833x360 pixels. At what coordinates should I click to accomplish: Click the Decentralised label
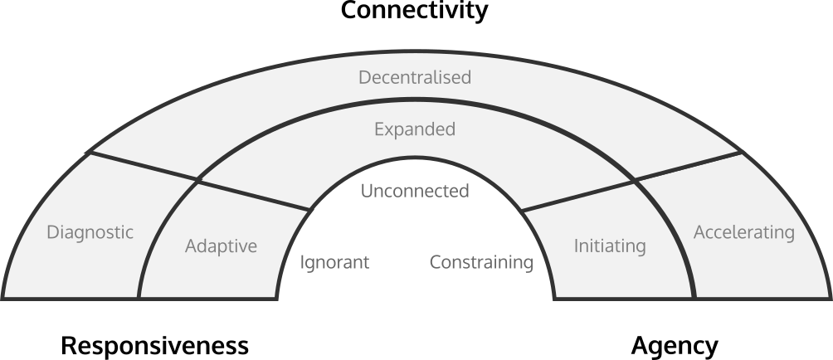pyautogui.click(x=415, y=77)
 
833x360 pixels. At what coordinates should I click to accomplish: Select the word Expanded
pyautogui.click(x=415, y=130)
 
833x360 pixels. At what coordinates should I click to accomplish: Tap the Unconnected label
pyautogui.click(x=415, y=192)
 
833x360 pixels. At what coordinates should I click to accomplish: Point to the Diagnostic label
pyautogui.click(x=90, y=232)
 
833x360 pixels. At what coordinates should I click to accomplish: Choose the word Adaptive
pyautogui.click(x=221, y=246)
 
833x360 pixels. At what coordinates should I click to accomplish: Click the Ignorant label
pyautogui.click(x=334, y=263)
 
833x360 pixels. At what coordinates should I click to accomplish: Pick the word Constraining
pyautogui.click(x=481, y=263)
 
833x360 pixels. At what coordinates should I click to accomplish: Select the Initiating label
pyautogui.click(x=610, y=246)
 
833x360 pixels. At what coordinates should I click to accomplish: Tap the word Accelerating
pyautogui.click(x=743, y=232)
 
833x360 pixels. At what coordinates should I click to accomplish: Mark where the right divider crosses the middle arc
pyautogui.click(x=633, y=180)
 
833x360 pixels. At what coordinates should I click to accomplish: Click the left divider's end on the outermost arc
pyautogui.click(x=90, y=153)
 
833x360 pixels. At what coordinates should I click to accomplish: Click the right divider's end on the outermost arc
pyautogui.click(x=741, y=153)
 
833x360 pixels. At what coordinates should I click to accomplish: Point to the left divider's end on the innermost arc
pyautogui.click(x=308, y=209)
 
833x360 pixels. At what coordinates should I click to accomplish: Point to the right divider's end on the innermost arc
pyautogui.click(x=524, y=209)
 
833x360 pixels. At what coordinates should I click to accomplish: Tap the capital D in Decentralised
pyautogui.click(x=364, y=77)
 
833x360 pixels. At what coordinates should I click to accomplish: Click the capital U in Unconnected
pyautogui.click(x=367, y=192)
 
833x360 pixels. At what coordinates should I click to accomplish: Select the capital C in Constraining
pyautogui.click(x=435, y=263)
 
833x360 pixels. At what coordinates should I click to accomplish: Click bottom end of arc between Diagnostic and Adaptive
pyautogui.click(x=139, y=297)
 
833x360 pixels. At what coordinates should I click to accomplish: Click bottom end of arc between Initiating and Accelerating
pyautogui.click(x=694, y=297)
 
